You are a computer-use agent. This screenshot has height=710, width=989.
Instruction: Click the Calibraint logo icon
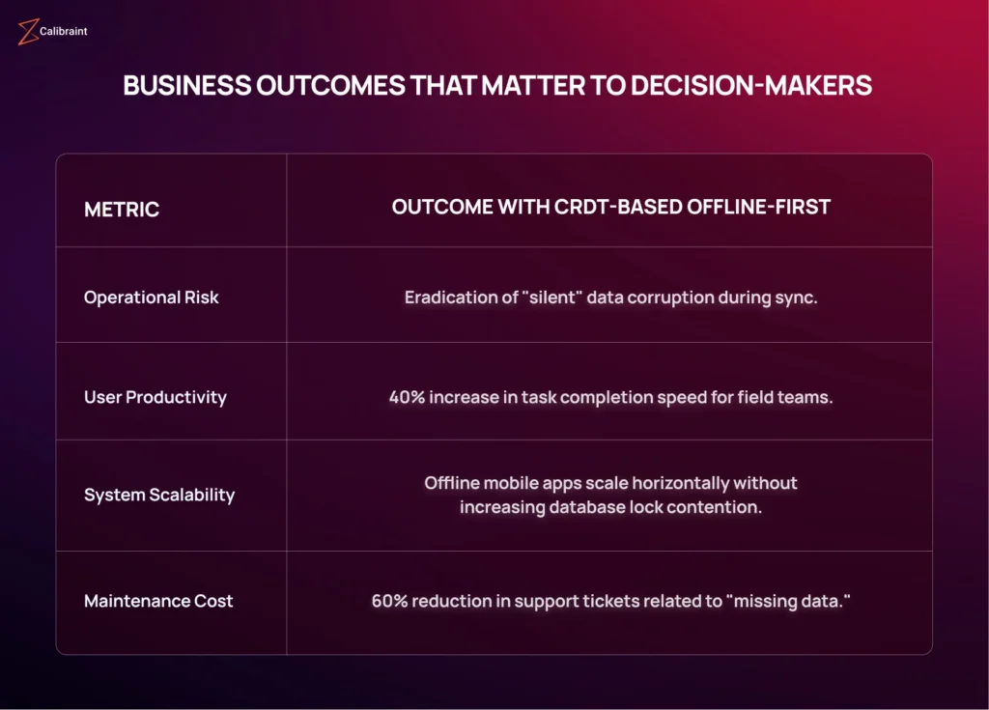(28, 32)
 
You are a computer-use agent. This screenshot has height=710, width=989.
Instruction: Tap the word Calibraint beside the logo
(63, 31)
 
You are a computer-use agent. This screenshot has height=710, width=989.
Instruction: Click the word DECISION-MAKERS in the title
(751, 86)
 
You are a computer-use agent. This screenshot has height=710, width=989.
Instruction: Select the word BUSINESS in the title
(186, 86)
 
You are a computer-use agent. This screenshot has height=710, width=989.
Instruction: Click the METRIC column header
(122, 209)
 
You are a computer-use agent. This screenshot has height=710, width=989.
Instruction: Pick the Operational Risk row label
(152, 298)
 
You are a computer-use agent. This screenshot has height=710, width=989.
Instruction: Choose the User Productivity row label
(155, 397)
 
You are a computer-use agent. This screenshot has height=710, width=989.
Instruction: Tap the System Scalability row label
(159, 495)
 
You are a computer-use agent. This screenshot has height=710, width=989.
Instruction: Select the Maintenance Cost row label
(158, 601)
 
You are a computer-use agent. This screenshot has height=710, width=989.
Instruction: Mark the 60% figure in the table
(390, 601)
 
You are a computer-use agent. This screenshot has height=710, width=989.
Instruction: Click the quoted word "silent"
(552, 298)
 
